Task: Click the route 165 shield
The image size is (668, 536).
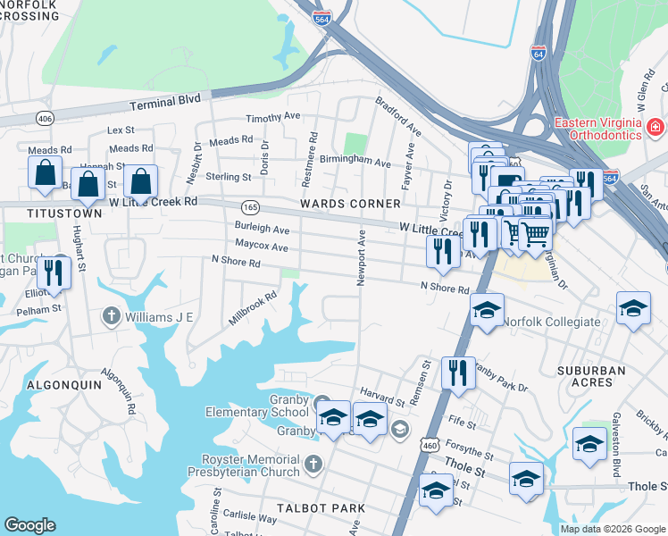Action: coord(250,206)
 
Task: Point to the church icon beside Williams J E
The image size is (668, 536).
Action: coord(111,314)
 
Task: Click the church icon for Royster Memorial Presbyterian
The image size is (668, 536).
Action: coord(313,465)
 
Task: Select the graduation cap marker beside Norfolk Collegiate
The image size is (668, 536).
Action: coord(487,311)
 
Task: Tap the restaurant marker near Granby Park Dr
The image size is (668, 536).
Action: coord(458,371)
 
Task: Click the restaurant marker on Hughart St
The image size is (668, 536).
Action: coord(58,272)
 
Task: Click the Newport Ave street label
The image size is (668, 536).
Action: coord(363,258)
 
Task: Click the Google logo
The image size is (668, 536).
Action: coord(29,525)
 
